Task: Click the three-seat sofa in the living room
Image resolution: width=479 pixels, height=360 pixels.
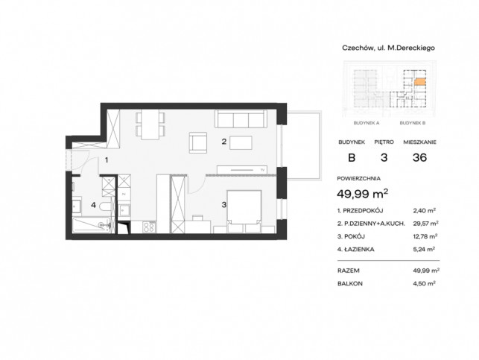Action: (x=241, y=119)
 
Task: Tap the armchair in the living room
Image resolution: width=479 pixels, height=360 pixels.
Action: (x=198, y=142)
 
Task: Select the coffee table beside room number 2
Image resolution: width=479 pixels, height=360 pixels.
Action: (x=241, y=142)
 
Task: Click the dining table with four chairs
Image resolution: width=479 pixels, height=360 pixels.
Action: (x=150, y=124)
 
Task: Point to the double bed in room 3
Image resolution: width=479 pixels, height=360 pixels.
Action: (x=244, y=212)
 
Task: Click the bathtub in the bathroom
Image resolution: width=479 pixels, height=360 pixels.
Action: (x=92, y=225)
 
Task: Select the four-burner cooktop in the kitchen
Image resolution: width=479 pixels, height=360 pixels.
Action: (x=149, y=227)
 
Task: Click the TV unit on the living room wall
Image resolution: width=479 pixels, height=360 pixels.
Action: (x=242, y=170)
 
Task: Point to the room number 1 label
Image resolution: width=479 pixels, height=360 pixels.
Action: (x=107, y=160)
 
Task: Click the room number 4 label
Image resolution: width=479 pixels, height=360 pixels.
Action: (x=93, y=205)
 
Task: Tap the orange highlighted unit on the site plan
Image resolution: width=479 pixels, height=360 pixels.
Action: (x=419, y=81)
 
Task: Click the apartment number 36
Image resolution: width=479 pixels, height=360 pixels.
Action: (x=419, y=157)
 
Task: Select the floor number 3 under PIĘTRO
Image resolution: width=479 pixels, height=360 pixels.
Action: (x=384, y=157)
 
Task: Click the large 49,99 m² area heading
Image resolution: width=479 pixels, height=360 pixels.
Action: (x=362, y=194)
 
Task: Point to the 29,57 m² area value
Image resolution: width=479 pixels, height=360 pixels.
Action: (x=425, y=224)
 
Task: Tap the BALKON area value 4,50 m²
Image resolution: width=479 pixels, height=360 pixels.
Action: (x=424, y=283)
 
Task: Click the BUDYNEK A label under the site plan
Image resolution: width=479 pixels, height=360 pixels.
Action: (x=367, y=123)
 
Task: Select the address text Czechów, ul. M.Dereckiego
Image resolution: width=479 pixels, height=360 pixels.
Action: (x=388, y=48)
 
